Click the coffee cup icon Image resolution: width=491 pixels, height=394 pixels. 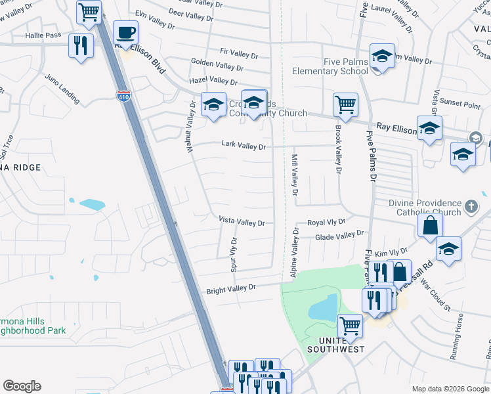(126, 33)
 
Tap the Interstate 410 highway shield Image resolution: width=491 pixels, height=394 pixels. (124, 96)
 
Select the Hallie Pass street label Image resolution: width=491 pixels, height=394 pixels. (43, 35)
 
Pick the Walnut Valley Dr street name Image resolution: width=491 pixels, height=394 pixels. (189, 127)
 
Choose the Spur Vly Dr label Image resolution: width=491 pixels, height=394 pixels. (232, 255)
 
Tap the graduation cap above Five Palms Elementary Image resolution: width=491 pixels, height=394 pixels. (381, 56)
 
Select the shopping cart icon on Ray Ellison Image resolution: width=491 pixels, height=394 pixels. (345, 104)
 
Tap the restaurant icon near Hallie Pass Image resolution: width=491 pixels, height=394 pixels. (81, 45)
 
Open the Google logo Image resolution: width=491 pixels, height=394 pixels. (22, 386)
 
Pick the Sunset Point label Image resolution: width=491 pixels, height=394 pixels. (460, 104)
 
